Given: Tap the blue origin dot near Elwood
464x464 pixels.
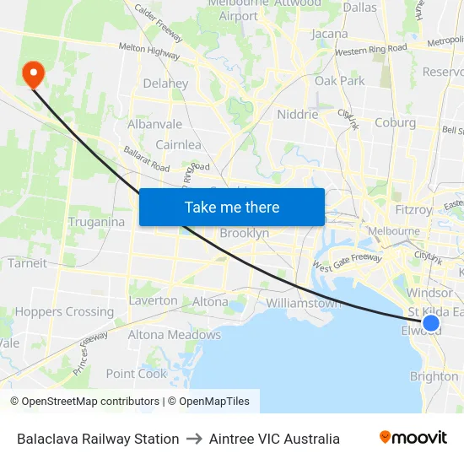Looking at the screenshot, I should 431,323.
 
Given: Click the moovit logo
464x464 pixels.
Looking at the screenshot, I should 413,438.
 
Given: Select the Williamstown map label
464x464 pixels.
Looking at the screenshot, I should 305,303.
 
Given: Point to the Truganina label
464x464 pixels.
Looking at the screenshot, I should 96,223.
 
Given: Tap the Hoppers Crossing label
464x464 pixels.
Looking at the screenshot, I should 64,312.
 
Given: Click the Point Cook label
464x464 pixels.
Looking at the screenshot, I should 137,374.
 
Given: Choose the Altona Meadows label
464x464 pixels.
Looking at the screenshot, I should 174,335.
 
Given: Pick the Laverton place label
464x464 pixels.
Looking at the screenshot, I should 153,300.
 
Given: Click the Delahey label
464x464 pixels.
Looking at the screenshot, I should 165,84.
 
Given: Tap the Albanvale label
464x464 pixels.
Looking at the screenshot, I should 154,124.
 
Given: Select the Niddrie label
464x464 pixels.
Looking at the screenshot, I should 298,115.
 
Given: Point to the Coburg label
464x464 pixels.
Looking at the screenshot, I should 395,122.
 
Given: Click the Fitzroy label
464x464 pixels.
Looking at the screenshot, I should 413,209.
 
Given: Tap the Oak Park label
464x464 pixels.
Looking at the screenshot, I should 340,81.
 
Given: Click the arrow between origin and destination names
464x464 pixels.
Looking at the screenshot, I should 194,439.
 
